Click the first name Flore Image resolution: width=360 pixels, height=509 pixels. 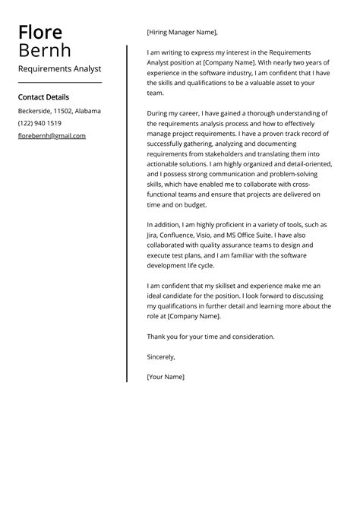pos(40,33)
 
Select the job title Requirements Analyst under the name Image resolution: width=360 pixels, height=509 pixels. pos(59,68)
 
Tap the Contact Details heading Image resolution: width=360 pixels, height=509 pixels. pos(43,97)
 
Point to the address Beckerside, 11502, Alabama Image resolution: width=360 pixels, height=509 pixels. pos(59,111)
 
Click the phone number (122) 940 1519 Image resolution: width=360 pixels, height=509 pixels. pos(39,123)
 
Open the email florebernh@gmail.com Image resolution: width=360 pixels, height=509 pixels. pos(52,136)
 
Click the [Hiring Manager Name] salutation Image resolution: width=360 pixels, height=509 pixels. pos(182,33)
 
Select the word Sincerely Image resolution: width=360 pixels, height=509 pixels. pos(161,356)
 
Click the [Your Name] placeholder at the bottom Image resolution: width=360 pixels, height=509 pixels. pos(166,376)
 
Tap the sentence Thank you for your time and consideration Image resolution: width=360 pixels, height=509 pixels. pos(211,336)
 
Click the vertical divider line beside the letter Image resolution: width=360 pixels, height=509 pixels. pos(127,213)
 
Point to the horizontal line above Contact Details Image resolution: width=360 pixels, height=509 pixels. pos(59,81)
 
